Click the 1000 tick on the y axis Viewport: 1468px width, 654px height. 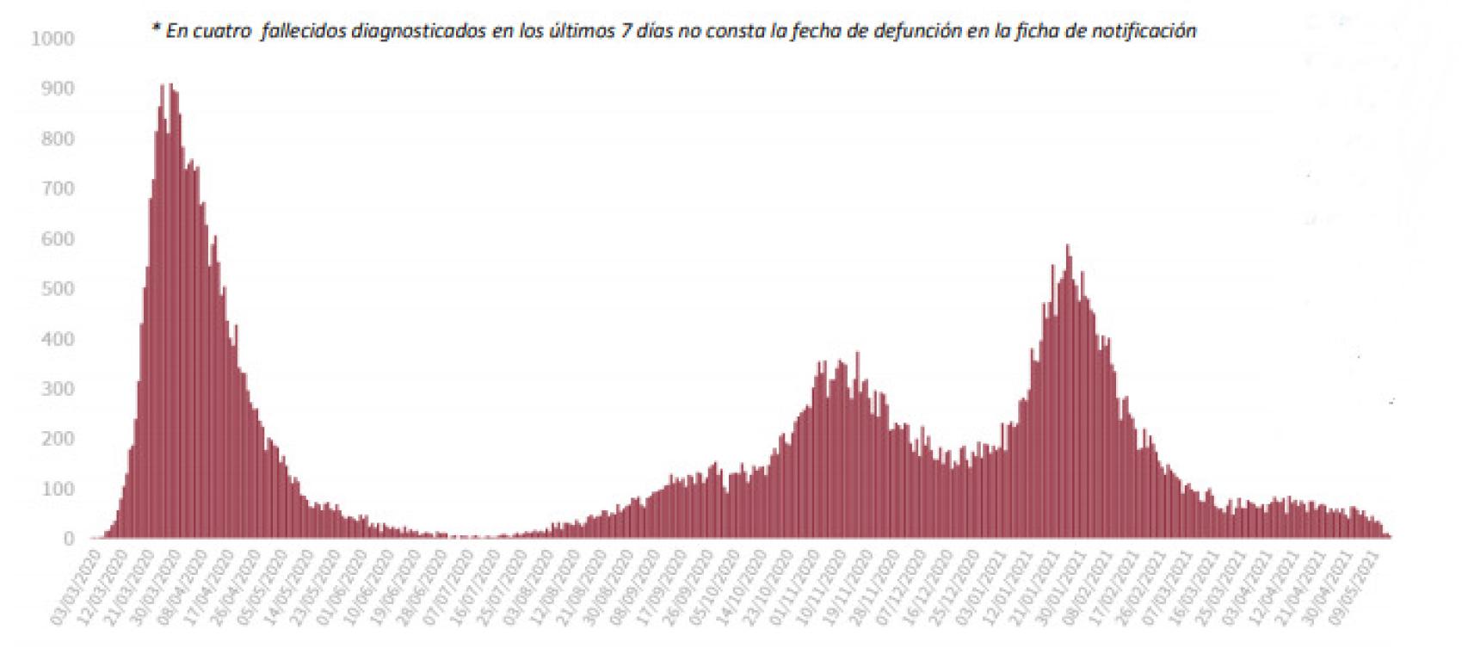[52, 39]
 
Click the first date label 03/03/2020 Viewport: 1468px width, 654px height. [79, 586]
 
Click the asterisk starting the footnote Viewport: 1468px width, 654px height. [156, 29]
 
